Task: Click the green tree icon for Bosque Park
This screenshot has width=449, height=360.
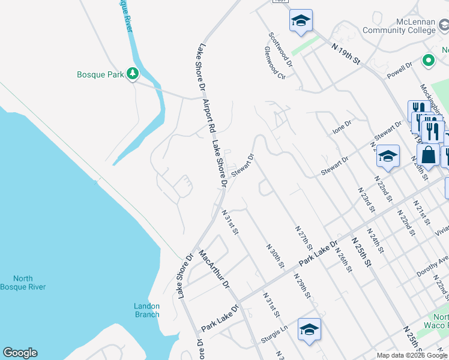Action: (133, 74)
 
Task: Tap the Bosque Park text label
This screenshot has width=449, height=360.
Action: (100, 75)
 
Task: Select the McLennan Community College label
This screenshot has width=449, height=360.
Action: (399, 26)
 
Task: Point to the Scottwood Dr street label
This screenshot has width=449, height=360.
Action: (280, 49)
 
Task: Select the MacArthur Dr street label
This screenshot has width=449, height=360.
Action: (215, 269)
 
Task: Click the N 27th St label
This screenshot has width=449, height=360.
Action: (304, 238)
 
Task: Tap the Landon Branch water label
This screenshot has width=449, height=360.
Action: (146, 310)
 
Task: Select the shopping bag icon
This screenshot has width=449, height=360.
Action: (429, 155)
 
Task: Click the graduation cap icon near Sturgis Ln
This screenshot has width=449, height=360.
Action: (309, 329)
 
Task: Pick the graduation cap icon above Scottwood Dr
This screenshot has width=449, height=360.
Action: (301, 21)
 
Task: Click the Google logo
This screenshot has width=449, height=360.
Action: (20, 353)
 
